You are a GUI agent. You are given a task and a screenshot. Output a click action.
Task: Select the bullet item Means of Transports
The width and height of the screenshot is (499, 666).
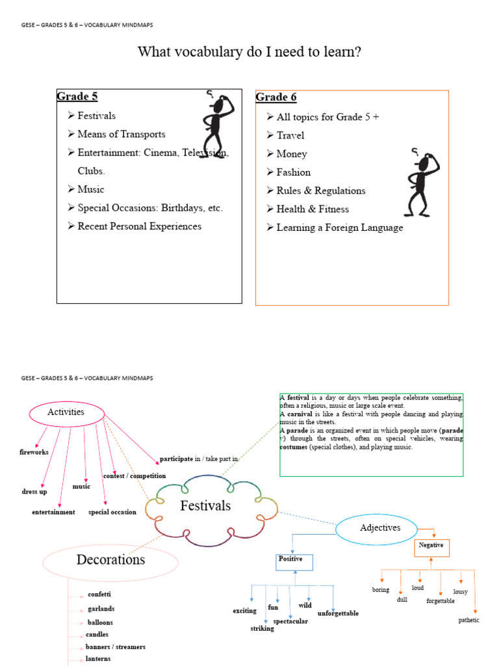[x=121, y=134]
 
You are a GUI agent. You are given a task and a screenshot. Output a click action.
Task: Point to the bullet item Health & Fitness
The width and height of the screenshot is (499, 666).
[x=312, y=209]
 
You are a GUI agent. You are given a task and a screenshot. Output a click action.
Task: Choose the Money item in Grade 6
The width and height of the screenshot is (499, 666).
[x=291, y=153]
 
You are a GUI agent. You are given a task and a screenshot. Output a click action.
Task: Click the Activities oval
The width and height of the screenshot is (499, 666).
[x=66, y=412]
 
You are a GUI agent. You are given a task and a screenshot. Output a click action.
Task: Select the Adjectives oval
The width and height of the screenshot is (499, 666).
[x=380, y=527]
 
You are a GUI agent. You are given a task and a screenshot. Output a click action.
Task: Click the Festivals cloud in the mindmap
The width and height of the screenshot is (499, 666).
[x=205, y=505]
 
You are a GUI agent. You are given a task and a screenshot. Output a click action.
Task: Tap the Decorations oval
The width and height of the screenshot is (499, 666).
[x=110, y=560]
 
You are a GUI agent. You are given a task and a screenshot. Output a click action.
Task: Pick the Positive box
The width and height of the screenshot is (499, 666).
[x=294, y=562]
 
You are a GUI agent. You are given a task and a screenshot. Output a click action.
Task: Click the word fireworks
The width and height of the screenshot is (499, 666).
[x=34, y=452]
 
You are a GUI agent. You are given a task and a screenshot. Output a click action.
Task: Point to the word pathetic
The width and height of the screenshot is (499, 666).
[x=468, y=620]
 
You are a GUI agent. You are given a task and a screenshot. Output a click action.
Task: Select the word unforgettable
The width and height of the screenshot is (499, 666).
[x=338, y=613]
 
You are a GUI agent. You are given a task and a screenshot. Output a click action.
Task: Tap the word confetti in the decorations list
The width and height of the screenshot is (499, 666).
[x=99, y=594]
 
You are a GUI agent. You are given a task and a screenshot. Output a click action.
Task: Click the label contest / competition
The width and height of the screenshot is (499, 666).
[x=134, y=475]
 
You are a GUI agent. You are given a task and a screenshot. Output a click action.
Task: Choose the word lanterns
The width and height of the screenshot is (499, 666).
[x=99, y=659]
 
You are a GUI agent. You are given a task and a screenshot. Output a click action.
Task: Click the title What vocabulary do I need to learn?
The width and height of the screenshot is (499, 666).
[x=249, y=52]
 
